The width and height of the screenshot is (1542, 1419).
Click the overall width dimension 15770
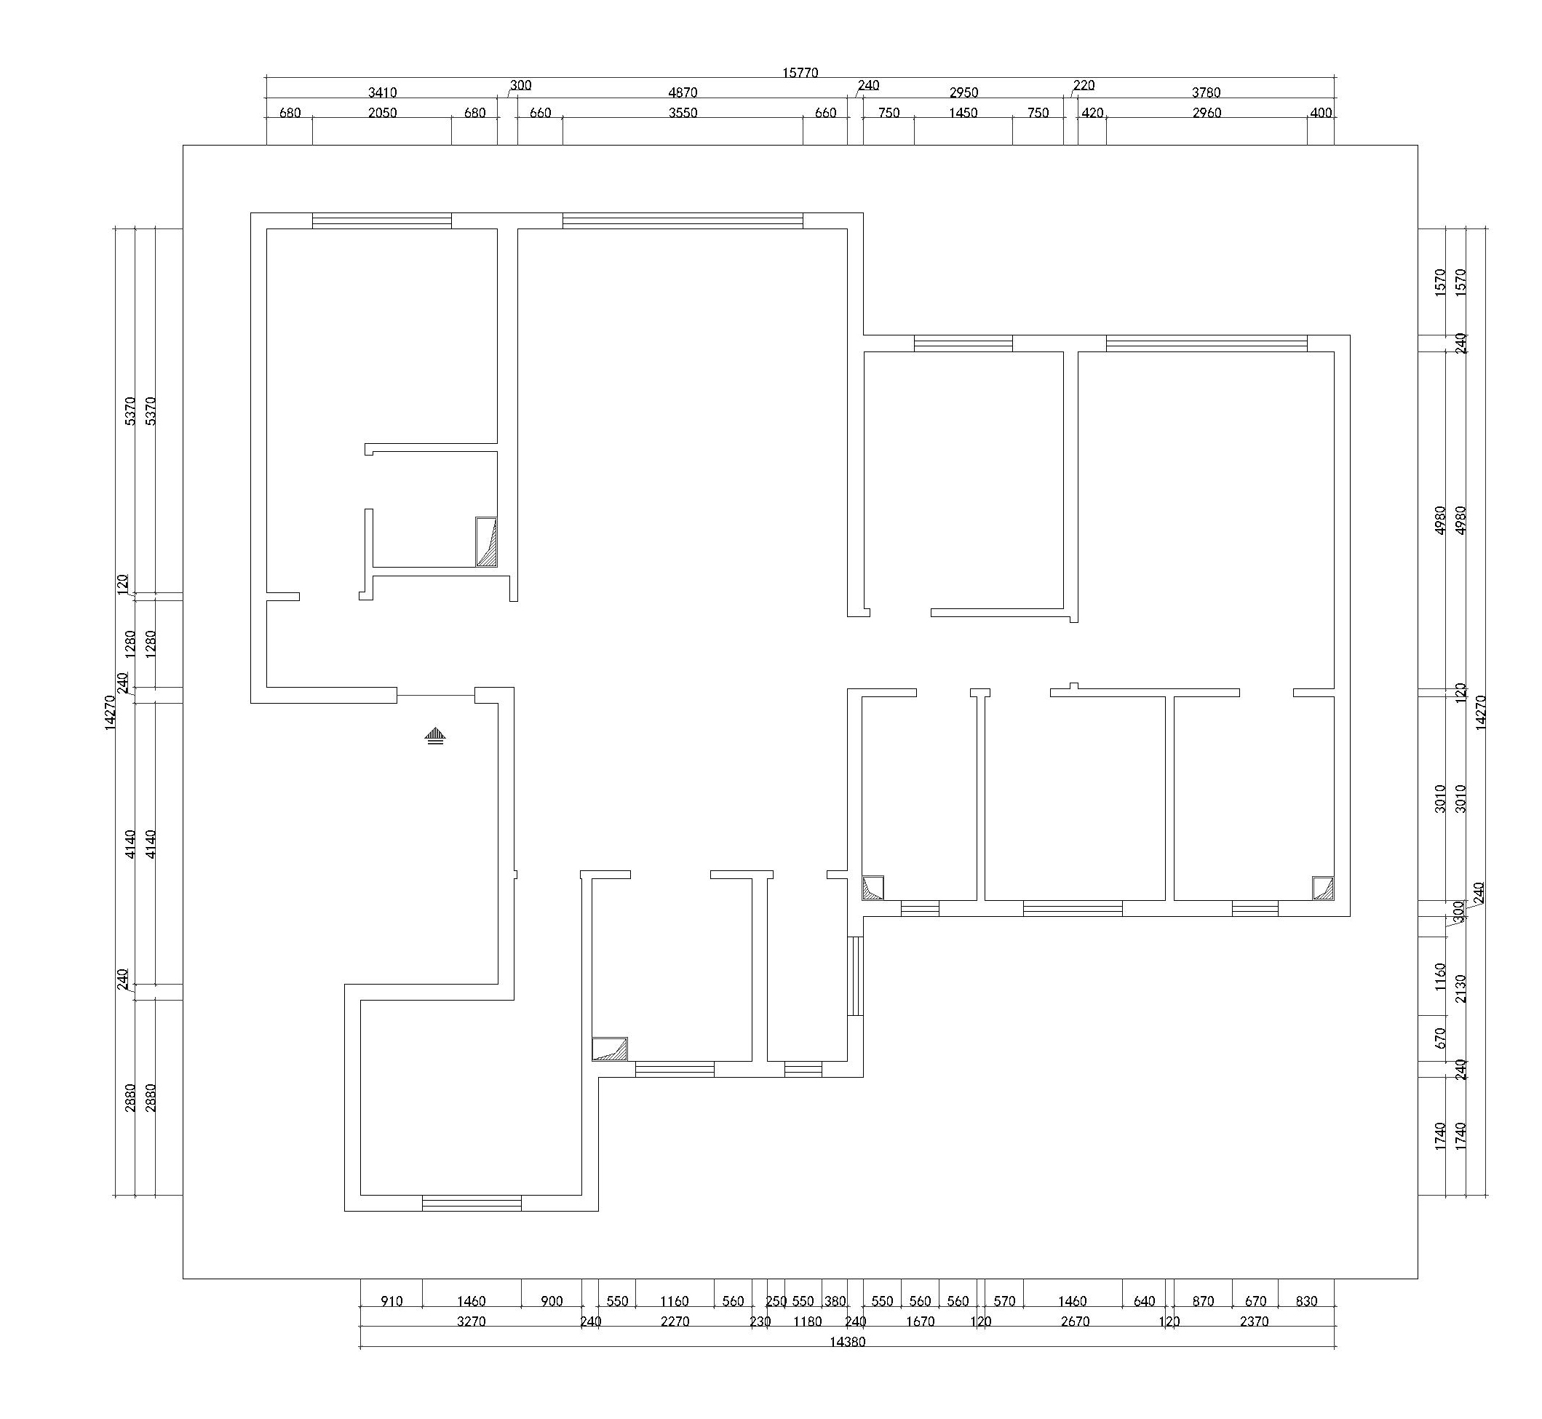800,73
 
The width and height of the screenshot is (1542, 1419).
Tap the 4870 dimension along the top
683,93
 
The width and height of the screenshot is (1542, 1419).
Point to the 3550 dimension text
683,113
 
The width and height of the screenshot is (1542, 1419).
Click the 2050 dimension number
383,113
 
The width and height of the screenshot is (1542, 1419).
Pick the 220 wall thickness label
1084,85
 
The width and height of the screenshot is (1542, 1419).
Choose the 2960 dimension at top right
1207,113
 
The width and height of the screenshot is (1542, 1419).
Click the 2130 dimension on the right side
1460,989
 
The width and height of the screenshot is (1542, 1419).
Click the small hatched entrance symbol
435,736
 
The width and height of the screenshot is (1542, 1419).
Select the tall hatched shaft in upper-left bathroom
486,542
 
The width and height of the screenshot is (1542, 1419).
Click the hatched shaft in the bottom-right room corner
1323,889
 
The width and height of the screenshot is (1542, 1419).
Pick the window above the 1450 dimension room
963,343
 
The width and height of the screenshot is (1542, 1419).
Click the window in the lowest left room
472,1203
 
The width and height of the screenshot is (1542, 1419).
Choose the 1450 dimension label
963,113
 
